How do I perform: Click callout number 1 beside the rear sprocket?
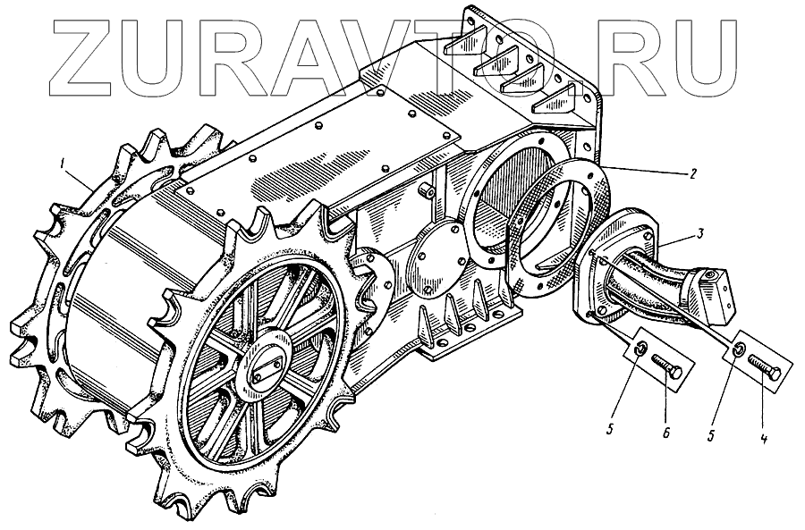62,164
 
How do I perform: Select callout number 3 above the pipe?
700,233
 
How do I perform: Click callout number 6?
665,433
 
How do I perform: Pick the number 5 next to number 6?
610,429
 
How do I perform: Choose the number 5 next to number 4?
711,434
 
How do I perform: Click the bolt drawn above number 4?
765,367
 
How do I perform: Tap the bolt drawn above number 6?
666,365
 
